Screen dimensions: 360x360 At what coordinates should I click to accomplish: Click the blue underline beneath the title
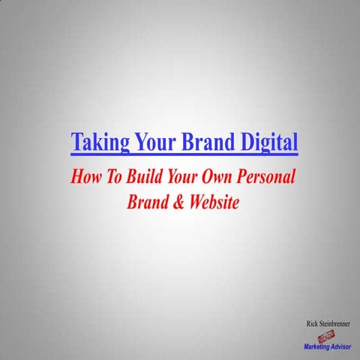(184, 154)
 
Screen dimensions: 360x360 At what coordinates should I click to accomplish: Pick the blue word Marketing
(319, 347)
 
